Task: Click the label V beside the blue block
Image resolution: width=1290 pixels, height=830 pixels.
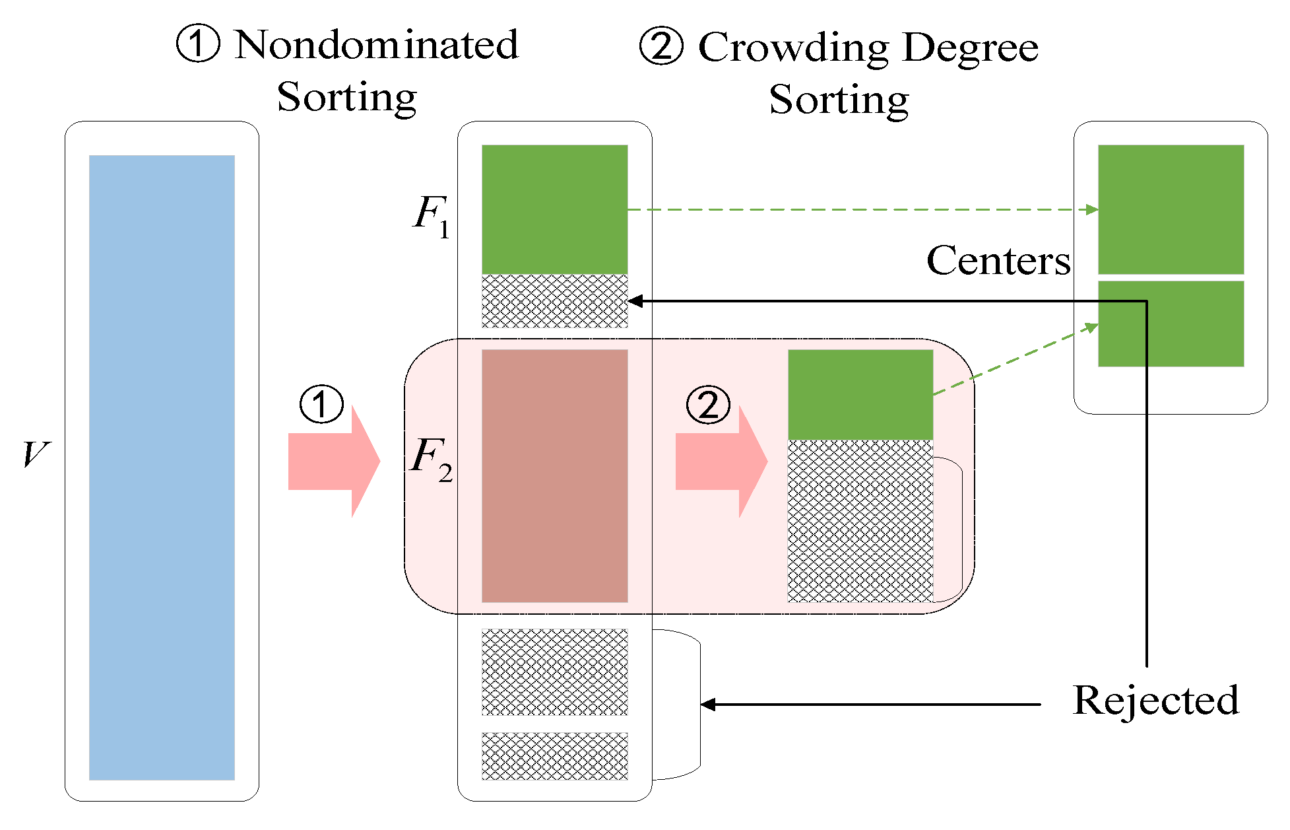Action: tap(34, 454)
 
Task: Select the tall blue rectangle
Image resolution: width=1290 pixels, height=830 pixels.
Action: tap(162, 467)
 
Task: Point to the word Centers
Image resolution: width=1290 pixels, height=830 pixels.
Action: tap(998, 260)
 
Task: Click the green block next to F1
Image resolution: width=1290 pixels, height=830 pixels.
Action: tap(554, 209)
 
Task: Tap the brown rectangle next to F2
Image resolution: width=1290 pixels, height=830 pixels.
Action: tap(554, 475)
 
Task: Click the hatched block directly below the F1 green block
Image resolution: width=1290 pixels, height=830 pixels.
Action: tap(554, 301)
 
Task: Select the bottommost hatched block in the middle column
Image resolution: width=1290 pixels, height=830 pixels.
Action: tap(554, 756)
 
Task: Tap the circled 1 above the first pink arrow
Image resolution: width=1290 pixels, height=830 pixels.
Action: tap(321, 404)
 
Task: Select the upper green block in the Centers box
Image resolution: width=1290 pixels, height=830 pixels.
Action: tap(1171, 209)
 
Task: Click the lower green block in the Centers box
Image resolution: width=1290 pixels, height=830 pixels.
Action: tap(1171, 324)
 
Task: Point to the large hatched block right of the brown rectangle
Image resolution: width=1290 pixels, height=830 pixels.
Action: tap(860, 520)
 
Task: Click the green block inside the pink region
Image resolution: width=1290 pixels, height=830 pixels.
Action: tap(860, 394)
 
